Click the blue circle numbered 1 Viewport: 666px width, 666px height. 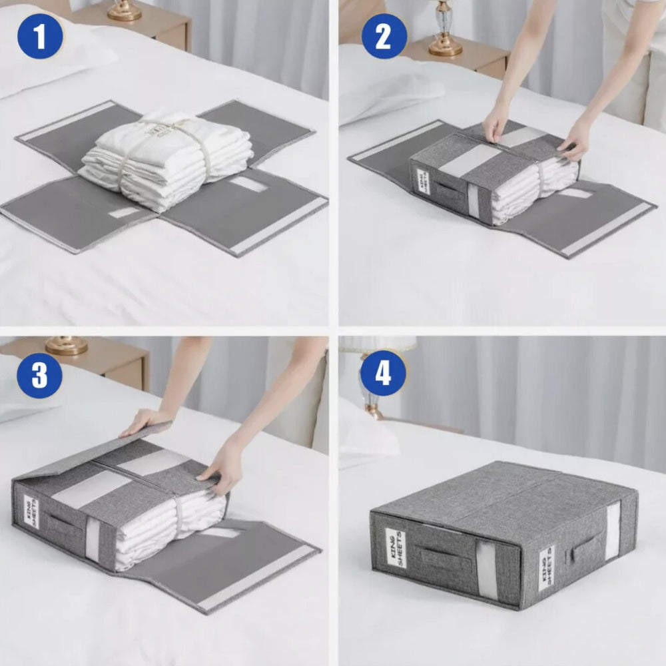[40, 37]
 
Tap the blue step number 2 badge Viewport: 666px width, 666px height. [384, 37]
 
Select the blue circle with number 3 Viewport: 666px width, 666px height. [39, 376]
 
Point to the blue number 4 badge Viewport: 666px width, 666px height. [383, 374]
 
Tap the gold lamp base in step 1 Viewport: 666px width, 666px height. [125, 11]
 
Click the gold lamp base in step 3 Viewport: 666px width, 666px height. [66, 345]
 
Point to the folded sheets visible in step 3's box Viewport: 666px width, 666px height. [166, 526]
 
